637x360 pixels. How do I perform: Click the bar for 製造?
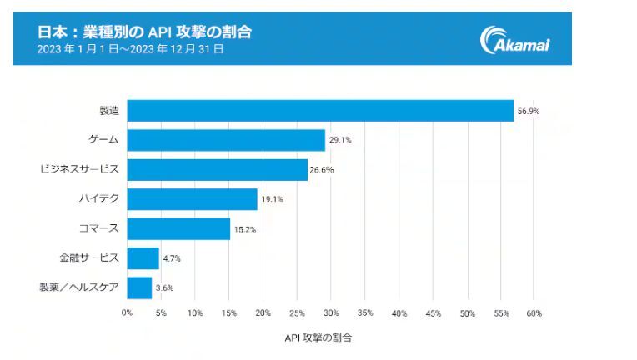pyautogui.click(x=320, y=110)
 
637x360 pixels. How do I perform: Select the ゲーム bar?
pyautogui.click(x=226, y=140)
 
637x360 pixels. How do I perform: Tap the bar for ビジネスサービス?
pyautogui.click(x=217, y=169)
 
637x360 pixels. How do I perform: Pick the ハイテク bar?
pyautogui.click(x=192, y=199)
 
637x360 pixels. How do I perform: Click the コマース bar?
pyautogui.click(x=178, y=228)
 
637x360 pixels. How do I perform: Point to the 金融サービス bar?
pyautogui.click(x=143, y=258)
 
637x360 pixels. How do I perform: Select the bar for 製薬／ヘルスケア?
pyautogui.click(x=139, y=287)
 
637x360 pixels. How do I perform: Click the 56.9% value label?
pyautogui.click(x=529, y=111)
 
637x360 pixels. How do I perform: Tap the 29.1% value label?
pyautogui.click(x=340, y=140)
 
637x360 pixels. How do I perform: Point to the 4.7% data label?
pyautogui.click(x=172, y=258)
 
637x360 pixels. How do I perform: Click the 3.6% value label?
pyautogui.click(x=164, y=287)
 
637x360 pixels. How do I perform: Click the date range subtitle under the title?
pyautogui.click(x=131, y=49)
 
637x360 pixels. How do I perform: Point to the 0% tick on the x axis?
pyautogui.click(x=127, y=313)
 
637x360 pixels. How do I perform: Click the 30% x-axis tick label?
pyautogui.click(x=331, y=313)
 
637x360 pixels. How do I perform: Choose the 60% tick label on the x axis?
pyautogui.click(x=534, y=313)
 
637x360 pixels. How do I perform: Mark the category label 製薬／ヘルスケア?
pyautogui.click(x=79, y=287)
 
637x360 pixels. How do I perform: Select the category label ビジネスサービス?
pyautogui.click(x=80, y=169)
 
